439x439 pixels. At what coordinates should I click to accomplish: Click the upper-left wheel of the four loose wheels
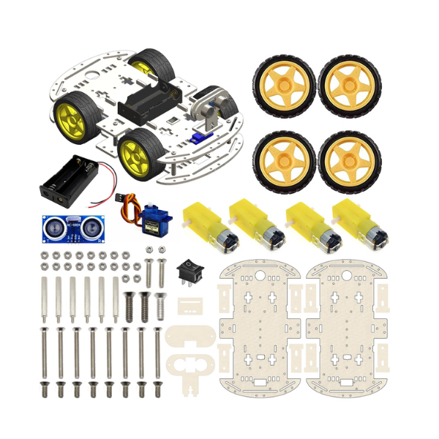pyautogui.click(x=284, y=86)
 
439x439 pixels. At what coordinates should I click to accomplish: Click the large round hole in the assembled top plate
pyautogui.click(x=88, y=75)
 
